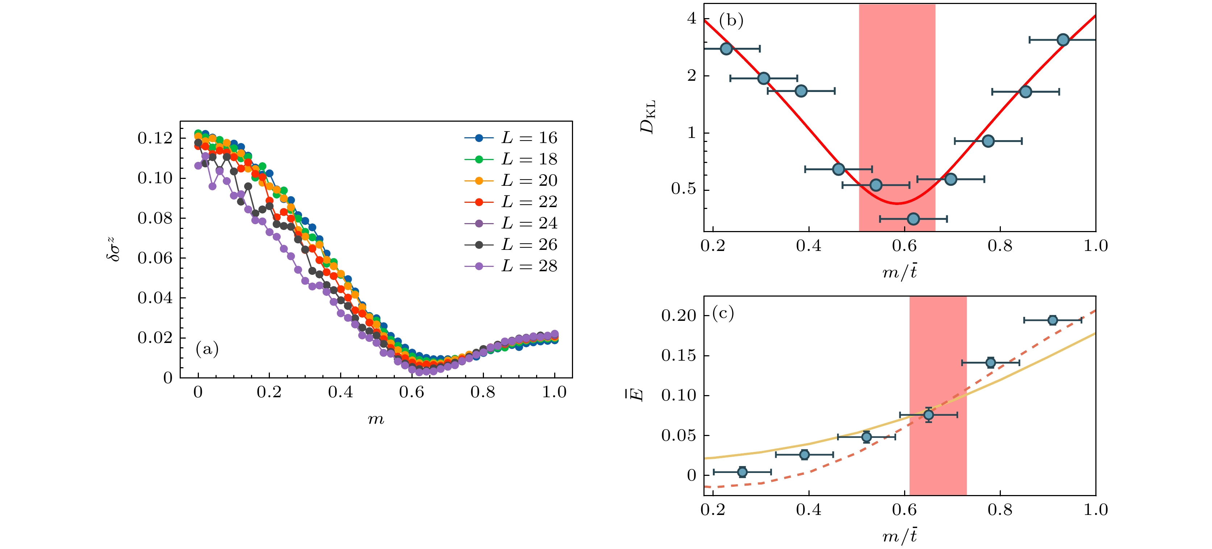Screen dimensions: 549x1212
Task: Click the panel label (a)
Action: point(207,349)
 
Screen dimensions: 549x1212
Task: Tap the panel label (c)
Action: point(723,313)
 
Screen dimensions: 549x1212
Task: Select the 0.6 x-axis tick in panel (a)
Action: point(412,392)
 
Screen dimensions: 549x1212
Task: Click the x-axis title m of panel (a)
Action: point(376,419)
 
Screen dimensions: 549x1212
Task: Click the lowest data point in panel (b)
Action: point(913,219)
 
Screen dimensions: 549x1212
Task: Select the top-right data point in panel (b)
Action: point(1063,40)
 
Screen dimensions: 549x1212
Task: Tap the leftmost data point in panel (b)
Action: point(727,49)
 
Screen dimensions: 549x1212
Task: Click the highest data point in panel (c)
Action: point(1053,320)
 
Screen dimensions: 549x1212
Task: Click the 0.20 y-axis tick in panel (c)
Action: point(678,315)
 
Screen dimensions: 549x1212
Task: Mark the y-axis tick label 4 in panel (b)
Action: point(691,18)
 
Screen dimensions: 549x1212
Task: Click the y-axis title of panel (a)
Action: point(113,250)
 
